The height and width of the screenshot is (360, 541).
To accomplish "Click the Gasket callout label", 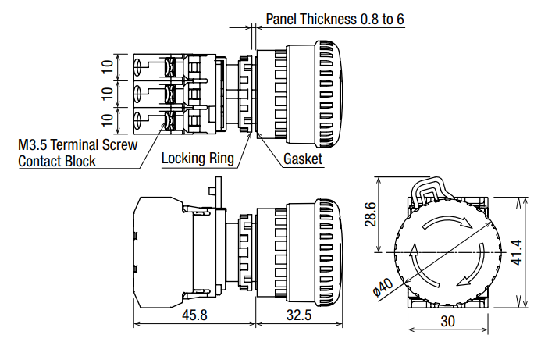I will pyautogui.click(x=303, y=159).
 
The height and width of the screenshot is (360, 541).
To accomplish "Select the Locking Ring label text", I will pyautogui.click(x=198, y=159).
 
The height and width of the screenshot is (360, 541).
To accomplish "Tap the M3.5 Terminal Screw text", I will pyautogui.click(x=77, y=144).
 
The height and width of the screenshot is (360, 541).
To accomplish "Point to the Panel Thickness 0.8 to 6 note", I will pyautogui.click(x=335, y=18).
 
